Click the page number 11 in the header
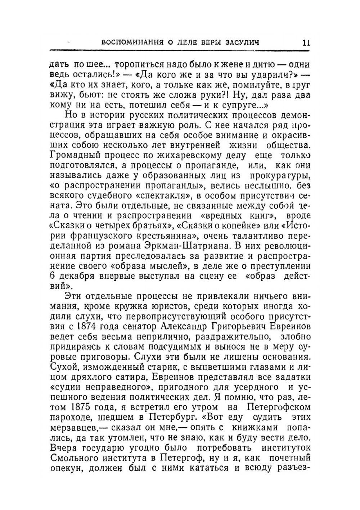(x=306, y=42)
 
